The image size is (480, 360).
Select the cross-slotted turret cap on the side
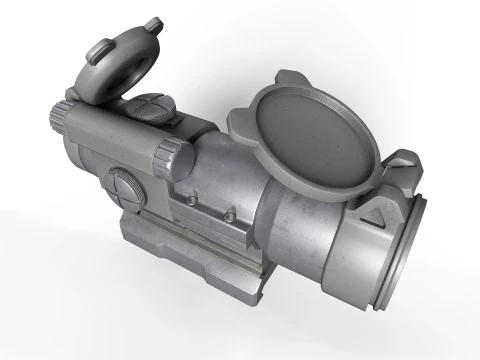(125, 188)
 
